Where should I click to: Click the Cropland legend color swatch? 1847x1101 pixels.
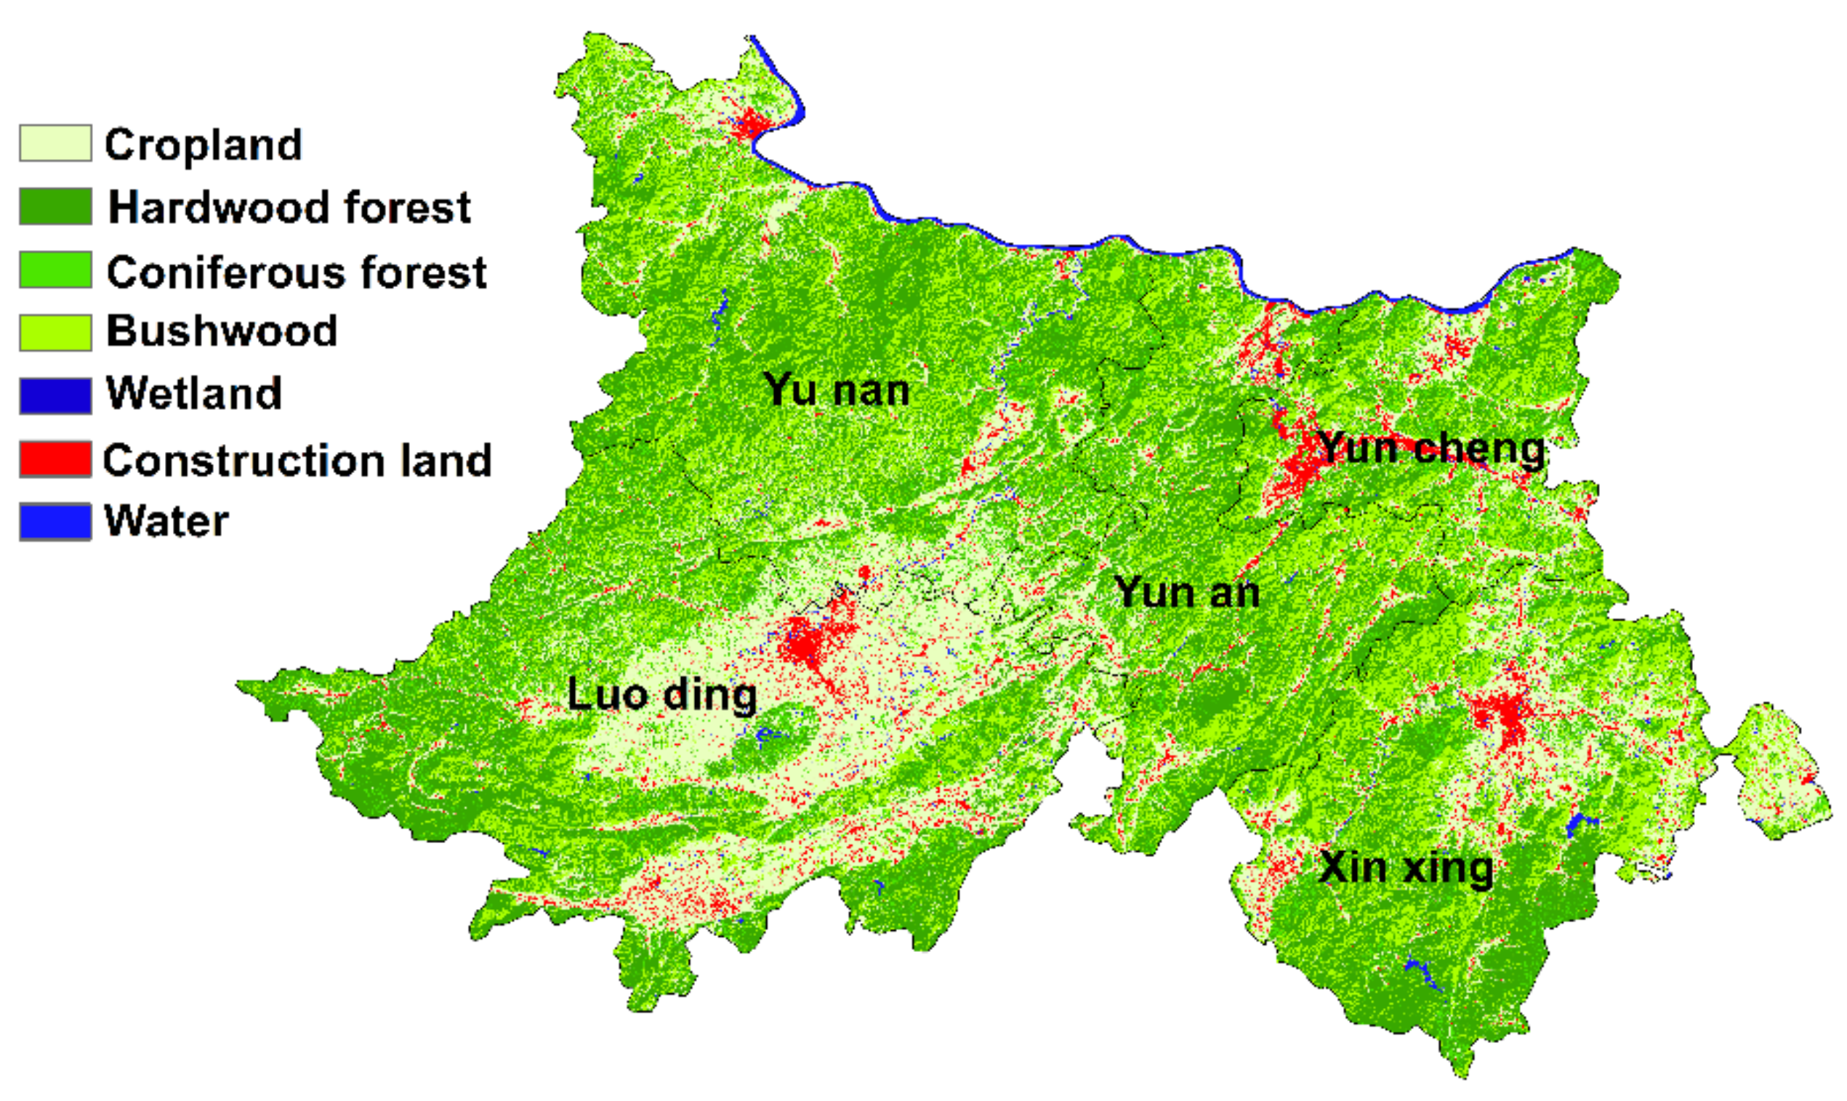tap(56, 143)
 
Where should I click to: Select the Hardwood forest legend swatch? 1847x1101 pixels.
tap(56, 206)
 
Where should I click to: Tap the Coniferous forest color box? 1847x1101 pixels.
tap(56, 270)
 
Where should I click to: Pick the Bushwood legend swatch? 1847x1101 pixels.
tap(56, 332)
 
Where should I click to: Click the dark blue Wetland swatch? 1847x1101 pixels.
tap(56, 395)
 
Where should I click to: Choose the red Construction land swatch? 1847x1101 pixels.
tap(56, 459)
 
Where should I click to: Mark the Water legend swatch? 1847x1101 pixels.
tap(56, 521)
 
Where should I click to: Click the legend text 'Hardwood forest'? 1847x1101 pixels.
tap(289, 207)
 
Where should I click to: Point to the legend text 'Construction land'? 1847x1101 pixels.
tap(297, 460)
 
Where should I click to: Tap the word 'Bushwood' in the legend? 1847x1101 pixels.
tap(221, 331)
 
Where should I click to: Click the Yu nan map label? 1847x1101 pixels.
tap(837, 390)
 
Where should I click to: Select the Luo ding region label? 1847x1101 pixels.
tap(662, 695)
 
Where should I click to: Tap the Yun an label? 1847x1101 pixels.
tap(1186, 593)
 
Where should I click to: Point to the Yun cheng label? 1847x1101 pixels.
tap(1431, 449)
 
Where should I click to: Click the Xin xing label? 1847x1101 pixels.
tap(1406, 867)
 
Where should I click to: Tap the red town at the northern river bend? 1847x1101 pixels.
tap(749, 125)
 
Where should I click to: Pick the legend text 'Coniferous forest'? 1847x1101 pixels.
tap(297, 272)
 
